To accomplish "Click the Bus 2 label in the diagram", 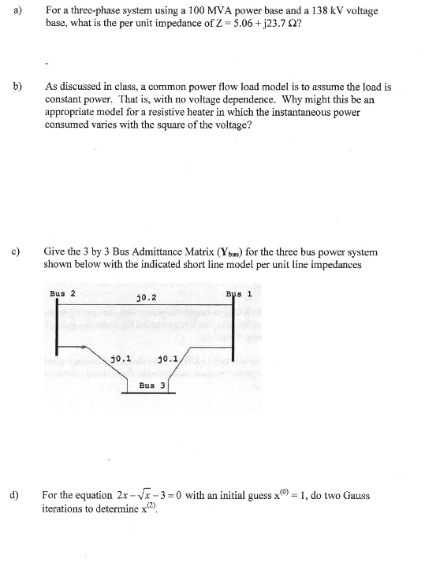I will (x=62, y=293).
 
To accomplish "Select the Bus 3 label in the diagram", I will (x=152, y=385).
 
